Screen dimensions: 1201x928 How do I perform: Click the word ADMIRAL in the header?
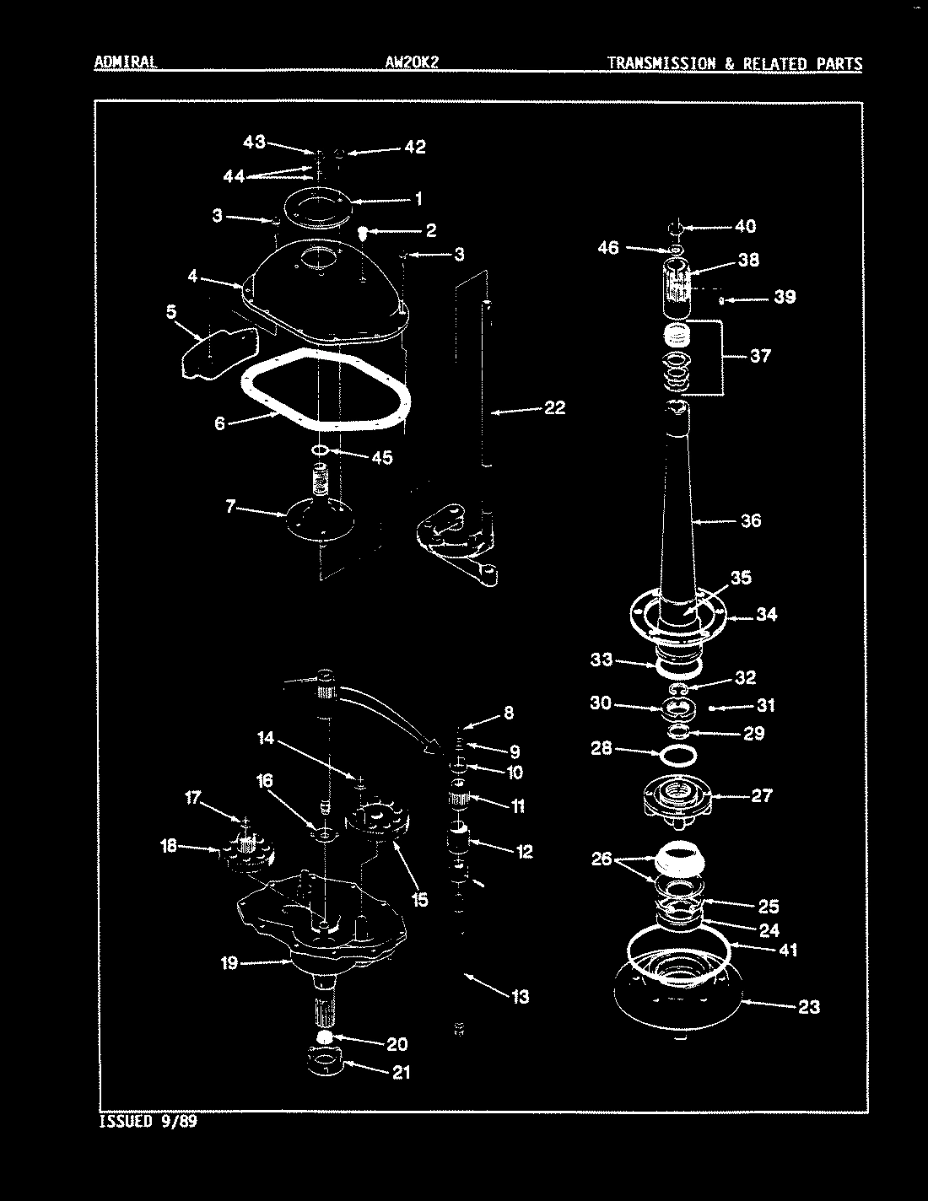tap(125, 63)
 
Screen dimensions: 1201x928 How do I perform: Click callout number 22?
tap(553, 408)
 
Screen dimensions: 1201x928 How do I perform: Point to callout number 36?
tap(750, 520)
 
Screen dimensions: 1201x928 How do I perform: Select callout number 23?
tap(808, 1007)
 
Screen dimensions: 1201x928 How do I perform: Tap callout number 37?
tap(759, 356)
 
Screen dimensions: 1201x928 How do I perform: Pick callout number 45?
tap(381, 458)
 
